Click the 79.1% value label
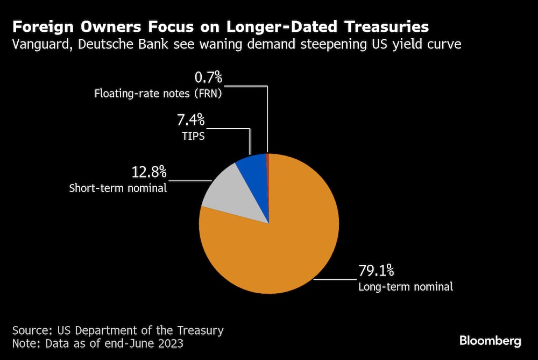[x=377, y=270]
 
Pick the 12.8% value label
[x=150, y=173]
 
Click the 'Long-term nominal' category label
[x=406, y=286]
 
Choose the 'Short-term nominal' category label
[x=118, y=188]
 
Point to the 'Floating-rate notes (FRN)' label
[x=158, y=94]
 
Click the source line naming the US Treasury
[x=118, y=330]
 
